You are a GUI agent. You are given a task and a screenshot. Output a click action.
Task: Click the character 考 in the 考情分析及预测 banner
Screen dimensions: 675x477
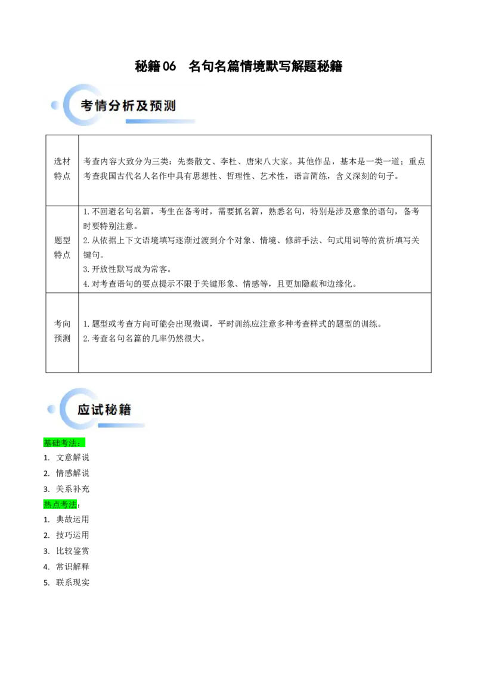click(x=87, y=106)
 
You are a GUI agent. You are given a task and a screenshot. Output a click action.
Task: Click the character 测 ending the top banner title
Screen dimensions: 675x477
click(x=171, y=106)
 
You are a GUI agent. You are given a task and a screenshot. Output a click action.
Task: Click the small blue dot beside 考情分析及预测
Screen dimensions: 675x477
click(x=55, y=106)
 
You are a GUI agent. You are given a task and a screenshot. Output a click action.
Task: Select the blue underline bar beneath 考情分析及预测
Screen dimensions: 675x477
click(x=160, y=122)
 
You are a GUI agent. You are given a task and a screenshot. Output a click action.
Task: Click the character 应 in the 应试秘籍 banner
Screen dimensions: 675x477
click(x=84, y=410)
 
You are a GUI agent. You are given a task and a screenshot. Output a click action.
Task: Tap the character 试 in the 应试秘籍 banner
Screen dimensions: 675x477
click(x=97, y=410)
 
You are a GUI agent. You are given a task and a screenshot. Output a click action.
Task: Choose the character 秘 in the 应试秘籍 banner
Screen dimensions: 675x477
click(x=111, y=410)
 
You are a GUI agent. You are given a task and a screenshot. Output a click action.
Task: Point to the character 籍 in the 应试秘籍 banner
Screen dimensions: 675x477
click(x=125, y=410)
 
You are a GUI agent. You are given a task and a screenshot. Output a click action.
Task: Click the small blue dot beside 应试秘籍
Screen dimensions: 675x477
click(x=51, y=409)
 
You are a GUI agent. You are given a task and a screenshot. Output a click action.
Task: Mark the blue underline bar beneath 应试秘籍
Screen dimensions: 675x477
click(x=121, y=425)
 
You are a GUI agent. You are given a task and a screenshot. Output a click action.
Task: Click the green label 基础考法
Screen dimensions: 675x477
click(x=64, y=443)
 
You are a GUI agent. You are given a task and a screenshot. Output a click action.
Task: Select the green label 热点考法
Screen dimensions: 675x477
click(x=61, y=504)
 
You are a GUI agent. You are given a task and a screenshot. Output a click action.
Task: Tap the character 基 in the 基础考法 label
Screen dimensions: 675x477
click(x=48, y=443)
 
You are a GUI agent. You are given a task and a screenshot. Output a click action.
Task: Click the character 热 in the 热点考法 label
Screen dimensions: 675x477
click(x=48, y=504)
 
